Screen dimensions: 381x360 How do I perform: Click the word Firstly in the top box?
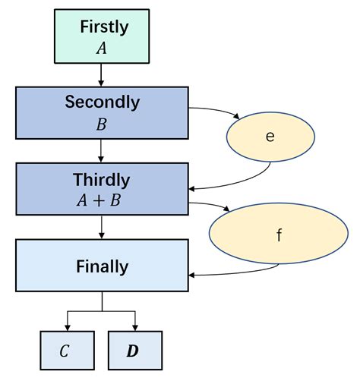(x=103, y=27)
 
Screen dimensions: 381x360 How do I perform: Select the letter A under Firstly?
(x=102, y=49)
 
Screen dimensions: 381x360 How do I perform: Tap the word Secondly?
(x=102, y=101)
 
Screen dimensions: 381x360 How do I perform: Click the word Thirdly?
(x=102, y=180)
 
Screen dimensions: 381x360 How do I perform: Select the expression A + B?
(x=102, y=200)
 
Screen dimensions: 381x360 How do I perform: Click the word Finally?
(x=102, y=266)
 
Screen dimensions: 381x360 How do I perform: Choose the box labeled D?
(x=135, y=351)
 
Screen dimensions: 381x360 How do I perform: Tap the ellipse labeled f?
(x=278, y=235)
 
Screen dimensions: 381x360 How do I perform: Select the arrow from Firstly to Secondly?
(x=102, y=74)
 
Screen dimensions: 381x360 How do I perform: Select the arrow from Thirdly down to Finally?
(x=102, y=228)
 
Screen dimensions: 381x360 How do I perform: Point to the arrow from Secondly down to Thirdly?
(x=102, y=154)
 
